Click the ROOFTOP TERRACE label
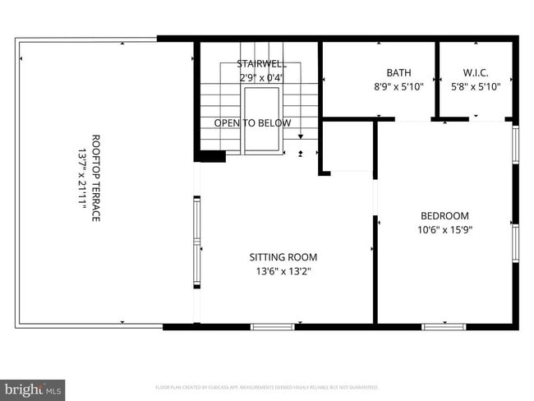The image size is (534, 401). click(95, 178)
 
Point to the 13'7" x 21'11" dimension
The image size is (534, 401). click(82, 178)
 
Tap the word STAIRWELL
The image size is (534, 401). click(262, 63)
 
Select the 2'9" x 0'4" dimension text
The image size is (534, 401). click(262, 78)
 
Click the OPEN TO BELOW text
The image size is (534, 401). click(252, 123)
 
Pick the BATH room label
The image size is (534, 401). click(398, 72)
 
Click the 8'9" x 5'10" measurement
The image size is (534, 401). click(398, 86)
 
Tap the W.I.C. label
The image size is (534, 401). click(476, 72)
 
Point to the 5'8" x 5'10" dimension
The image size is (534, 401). click(476, 86)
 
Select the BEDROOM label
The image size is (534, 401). click(444, 215)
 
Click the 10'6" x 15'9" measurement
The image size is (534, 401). click(444, 230)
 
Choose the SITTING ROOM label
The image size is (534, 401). click(283, 256)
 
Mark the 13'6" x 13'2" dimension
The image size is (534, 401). click(283, 271)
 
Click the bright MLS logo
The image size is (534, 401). click(33, 388)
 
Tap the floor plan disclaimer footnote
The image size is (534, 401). click(267, 386)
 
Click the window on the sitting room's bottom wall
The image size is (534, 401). click(272, 326)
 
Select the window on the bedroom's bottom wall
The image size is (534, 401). click(444, 326)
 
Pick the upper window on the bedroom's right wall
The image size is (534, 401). click(515, 145)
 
